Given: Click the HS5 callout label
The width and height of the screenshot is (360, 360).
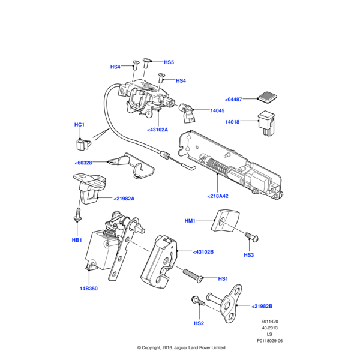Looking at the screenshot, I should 169,62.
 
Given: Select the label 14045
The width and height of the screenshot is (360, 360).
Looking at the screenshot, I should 217,110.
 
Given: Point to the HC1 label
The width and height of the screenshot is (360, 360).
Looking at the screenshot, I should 79,125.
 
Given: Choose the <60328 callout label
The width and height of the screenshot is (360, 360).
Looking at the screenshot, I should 83,163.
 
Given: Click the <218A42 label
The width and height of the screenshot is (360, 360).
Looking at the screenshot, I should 218,196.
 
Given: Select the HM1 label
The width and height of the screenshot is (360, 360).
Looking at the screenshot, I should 190,221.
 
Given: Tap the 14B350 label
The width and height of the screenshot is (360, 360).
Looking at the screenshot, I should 89,289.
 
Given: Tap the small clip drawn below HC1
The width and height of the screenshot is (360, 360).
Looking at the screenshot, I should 80,143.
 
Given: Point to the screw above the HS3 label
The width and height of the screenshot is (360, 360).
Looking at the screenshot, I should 251,239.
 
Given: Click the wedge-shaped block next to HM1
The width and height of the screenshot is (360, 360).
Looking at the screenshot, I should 225,221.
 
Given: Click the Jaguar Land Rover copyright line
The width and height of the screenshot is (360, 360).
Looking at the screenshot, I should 181,347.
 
